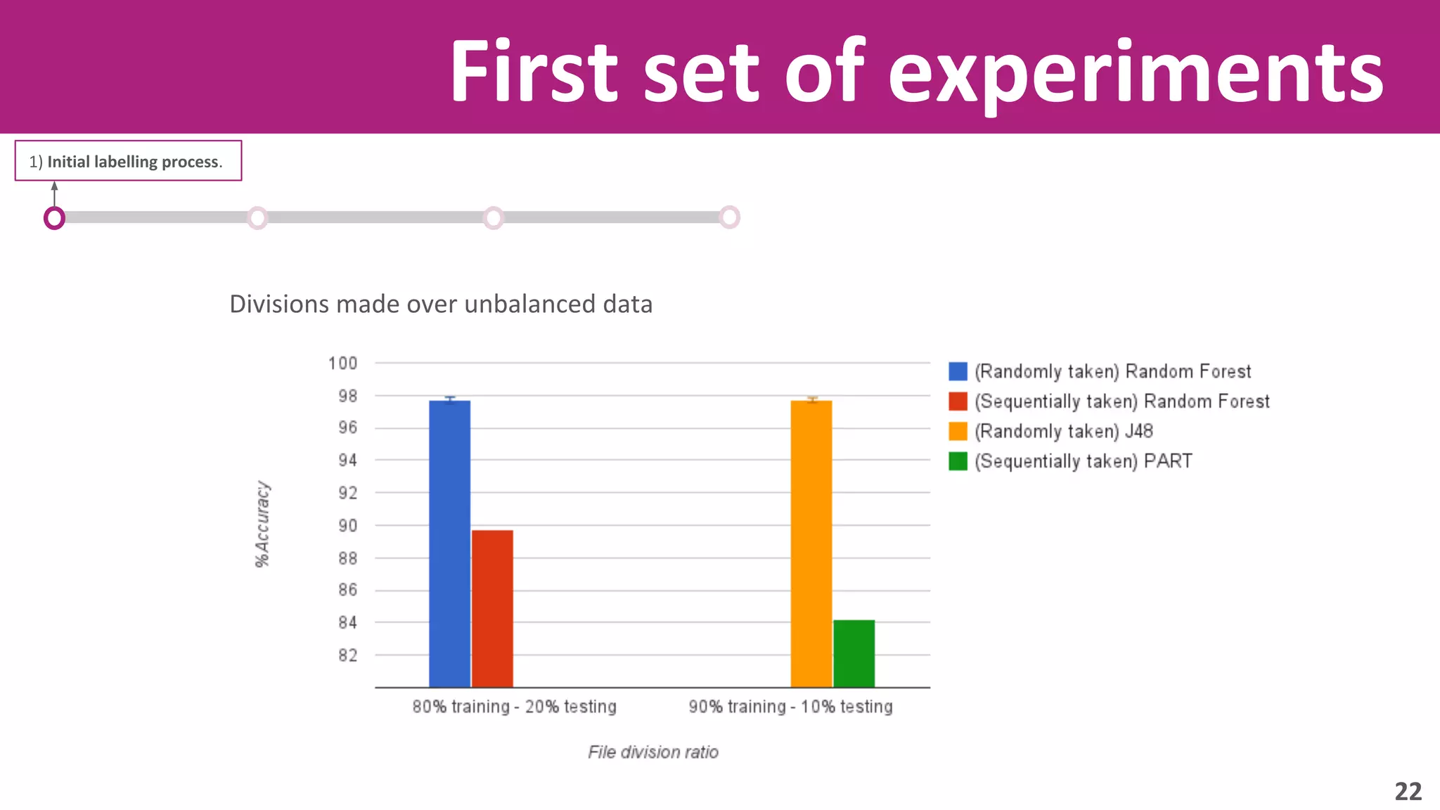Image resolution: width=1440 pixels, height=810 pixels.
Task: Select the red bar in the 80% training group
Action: tap(492, 608)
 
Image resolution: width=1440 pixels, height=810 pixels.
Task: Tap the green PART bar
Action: tap(854, 653)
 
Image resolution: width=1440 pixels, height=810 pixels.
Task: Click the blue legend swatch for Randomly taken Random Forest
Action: tap(958, 371)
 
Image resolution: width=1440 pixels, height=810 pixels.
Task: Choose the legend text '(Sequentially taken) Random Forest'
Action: tap(1122, 401)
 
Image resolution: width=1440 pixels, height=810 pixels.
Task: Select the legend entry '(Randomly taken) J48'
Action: tap(1063, 431)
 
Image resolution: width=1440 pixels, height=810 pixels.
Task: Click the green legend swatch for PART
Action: tap(958, 461)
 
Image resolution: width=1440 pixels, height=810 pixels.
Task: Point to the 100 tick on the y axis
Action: tap(343, 364)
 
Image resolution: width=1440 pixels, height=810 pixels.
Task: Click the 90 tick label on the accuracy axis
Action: tap(348, 526)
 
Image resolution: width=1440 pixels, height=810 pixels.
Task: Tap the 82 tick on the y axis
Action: tap(348, 655)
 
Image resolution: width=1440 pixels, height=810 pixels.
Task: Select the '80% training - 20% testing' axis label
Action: tap(514, 707)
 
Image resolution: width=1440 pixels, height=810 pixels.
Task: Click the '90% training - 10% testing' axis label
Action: tap(790, 707)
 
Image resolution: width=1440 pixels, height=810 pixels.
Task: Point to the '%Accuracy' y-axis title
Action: tap(262, 524)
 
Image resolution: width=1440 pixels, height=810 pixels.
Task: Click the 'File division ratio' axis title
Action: tap(653, 752)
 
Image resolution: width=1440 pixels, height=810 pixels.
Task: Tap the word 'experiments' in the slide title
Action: tap(1136, 72)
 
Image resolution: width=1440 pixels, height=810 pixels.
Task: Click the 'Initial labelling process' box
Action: tap(128, 161)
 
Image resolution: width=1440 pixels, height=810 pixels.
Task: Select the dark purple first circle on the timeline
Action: tap(54, 218)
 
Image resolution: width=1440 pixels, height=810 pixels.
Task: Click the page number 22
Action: tap(1408, 792)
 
